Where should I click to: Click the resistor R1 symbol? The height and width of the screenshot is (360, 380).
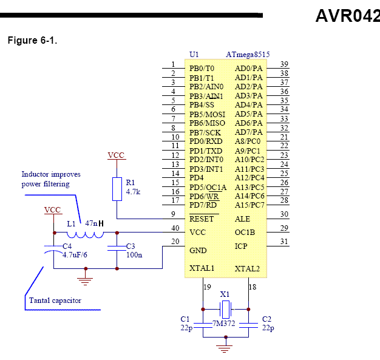(x=117, y=189)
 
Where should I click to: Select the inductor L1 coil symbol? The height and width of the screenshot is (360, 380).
(x=85, y=235)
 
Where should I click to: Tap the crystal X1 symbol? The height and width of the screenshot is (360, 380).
(x=226, y=310)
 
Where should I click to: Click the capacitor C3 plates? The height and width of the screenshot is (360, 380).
(x=117, y=248)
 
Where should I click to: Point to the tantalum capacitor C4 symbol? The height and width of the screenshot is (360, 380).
(x=53, y=250)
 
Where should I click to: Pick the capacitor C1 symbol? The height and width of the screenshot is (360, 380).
(x=203, y=325)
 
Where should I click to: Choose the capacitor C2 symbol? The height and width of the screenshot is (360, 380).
(x=248, y=325)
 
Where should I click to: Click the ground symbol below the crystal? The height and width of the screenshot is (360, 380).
(x=224, y=348)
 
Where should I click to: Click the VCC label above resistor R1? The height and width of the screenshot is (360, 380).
(x=116, y=155)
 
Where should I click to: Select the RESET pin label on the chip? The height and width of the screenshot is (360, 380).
(x=202, y=219)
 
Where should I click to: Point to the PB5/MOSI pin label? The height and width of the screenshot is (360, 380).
(x=208, y=114)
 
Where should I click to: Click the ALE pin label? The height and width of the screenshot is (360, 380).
(x=242, y=219)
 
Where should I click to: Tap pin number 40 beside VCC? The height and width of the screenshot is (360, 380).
(x=175, y=228)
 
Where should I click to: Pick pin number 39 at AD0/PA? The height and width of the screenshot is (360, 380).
(x=284, y=64)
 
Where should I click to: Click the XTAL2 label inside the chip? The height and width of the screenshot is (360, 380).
(x=247, y=268)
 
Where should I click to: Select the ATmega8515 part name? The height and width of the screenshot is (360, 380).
(x=248, y=54)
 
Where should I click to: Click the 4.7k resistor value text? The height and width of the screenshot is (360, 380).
(x=133, y=192)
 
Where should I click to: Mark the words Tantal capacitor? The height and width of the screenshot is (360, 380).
(x=55, y=301)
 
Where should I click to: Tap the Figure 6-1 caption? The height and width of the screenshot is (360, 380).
(x=32, y=40)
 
